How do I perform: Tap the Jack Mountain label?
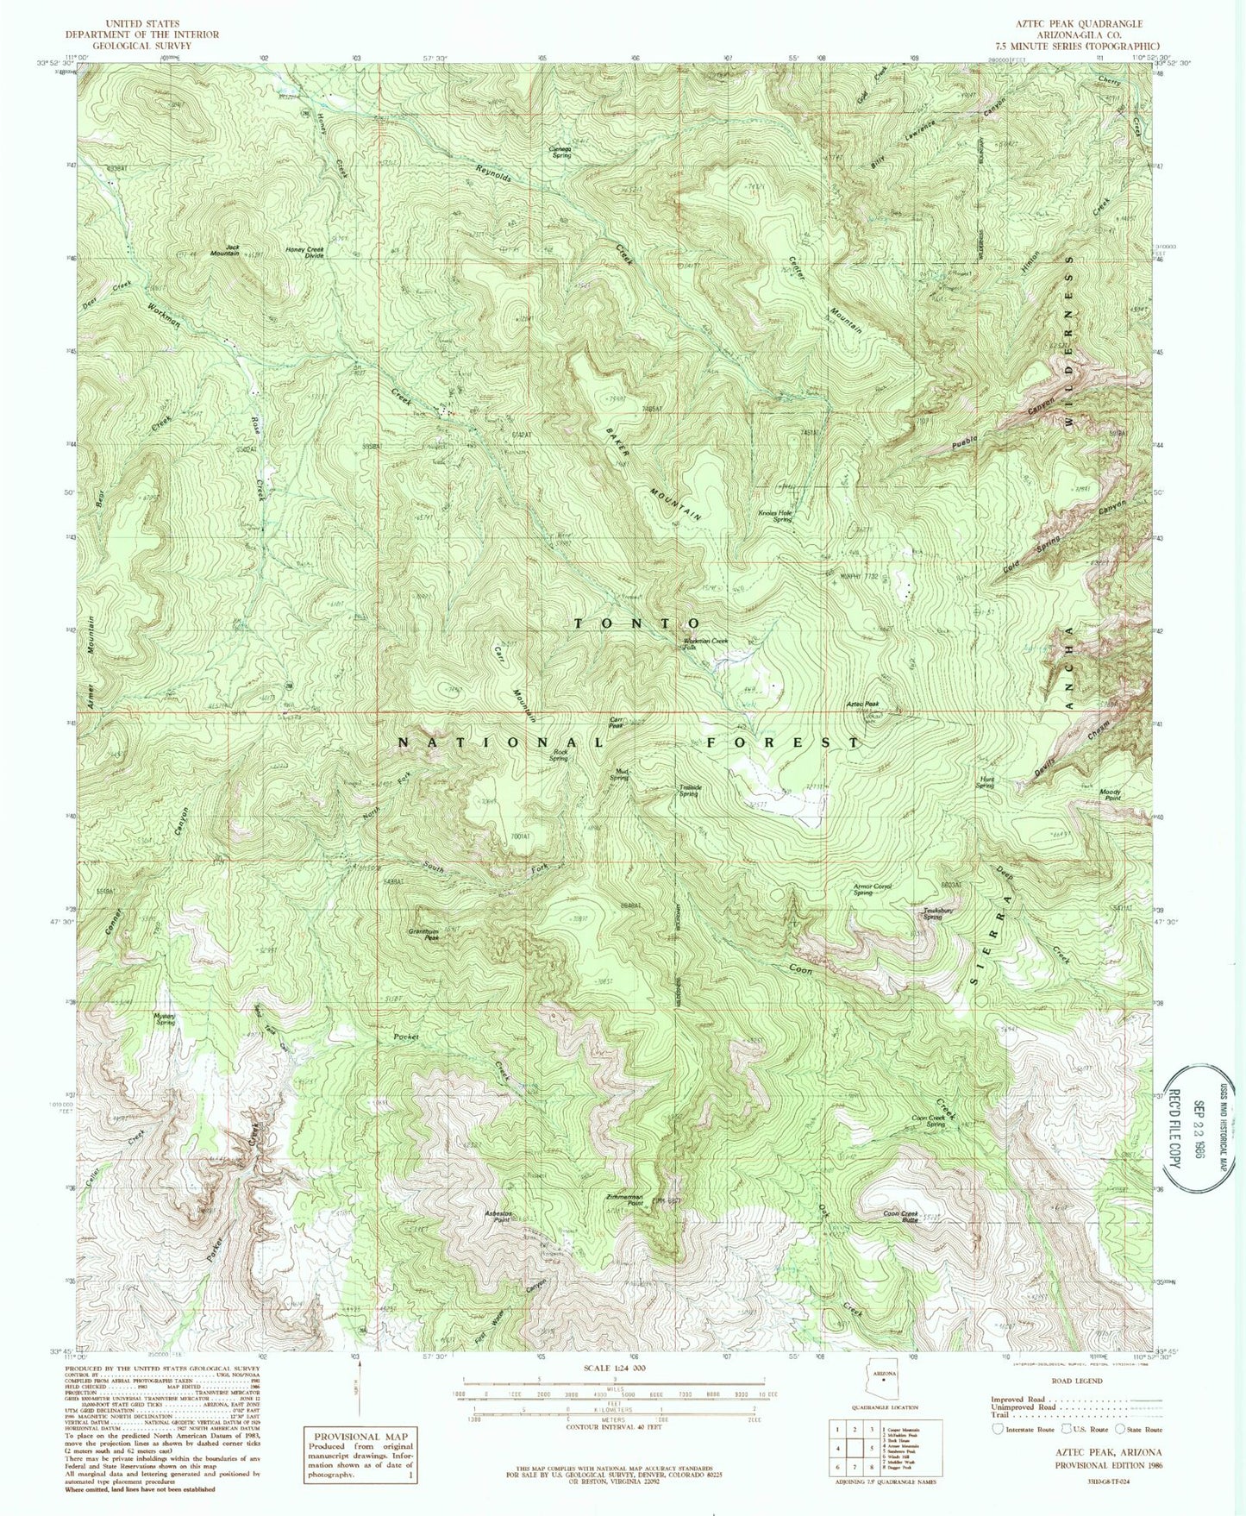226,250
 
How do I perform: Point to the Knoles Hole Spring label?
774,516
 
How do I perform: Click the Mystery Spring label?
165,1018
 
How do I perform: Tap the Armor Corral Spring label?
873,889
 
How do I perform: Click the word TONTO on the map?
636,623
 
